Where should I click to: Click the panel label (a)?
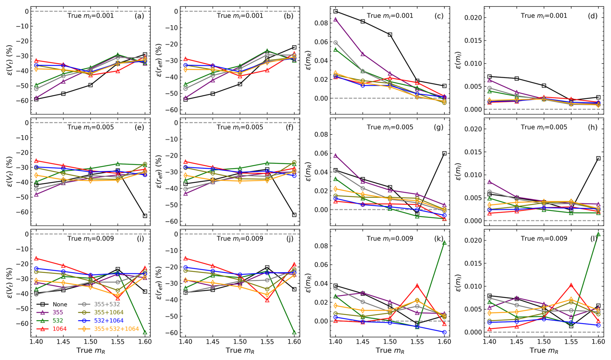click(x=139, y=16)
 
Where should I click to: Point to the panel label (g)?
click(x=439, y=127)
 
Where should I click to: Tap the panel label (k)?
click(x=439, y=238)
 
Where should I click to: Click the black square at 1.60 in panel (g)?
click(x=444, y=154)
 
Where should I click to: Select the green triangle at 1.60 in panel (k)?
click(x=444, y=243)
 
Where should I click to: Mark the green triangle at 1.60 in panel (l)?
click(x=598, y=234)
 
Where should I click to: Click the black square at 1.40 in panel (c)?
click(x=336, y=11)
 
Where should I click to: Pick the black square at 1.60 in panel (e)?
click(x=145, y=216)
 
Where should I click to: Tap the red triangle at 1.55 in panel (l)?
click(x=571, y=285)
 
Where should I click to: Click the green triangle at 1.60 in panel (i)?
click(x=145, y=333)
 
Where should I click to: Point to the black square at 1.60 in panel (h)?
click(x=598, y=159)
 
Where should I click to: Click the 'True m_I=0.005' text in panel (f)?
click(x=240, y=127)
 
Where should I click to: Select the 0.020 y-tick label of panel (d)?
click(x=473, y=18)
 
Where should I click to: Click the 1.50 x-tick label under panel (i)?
click(x=90, y=342)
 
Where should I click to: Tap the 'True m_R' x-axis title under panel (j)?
click(x=240, y=351)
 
